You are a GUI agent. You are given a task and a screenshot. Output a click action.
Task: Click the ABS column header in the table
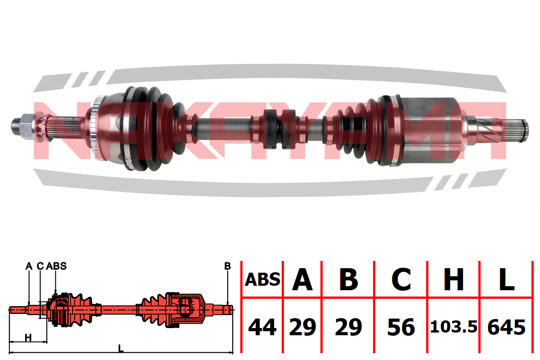coord(262,280)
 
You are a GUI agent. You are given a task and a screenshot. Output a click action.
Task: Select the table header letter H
coord(454,279)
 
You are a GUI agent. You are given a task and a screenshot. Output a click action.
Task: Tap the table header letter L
coord(507,279)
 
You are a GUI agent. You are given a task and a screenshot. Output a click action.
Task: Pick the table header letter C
coord(401,279)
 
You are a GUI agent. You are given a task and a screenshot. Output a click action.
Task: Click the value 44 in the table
coord(262,327)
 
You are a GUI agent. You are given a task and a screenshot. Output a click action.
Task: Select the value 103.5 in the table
coord(454,327)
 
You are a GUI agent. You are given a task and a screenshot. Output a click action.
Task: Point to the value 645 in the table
coord(507,327)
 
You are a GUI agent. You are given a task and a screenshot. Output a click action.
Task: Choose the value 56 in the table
coord(401,327)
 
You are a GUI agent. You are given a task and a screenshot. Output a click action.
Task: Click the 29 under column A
coord(302,327)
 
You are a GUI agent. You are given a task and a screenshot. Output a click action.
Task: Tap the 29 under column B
coord(349,327)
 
